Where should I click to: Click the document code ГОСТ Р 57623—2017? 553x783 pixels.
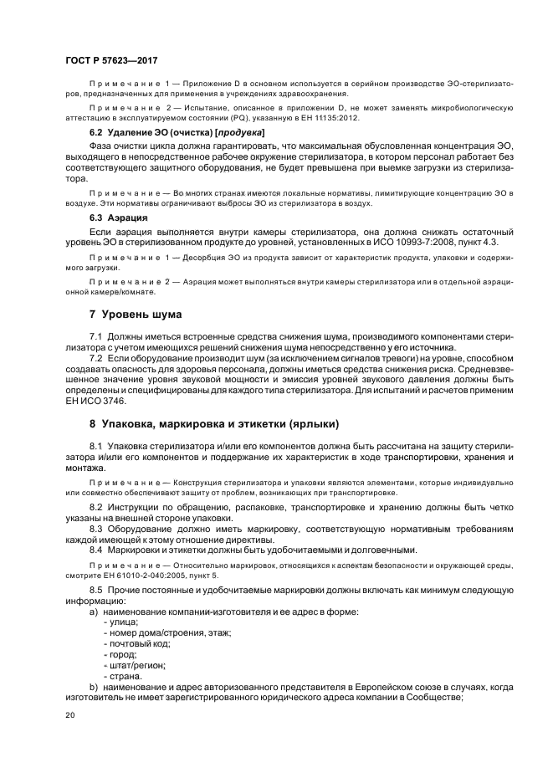point(110,61)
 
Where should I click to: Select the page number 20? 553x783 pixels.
point(70,715)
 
